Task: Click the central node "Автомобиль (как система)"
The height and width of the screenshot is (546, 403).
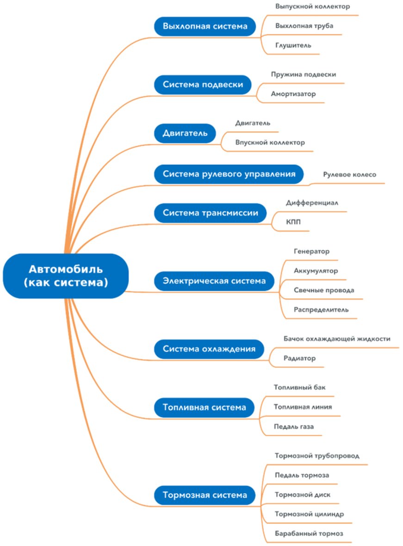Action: (x=65, y=275)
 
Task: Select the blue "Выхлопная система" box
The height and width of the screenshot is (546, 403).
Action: (x=205, y=26)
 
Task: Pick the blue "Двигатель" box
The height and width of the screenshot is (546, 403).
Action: (x=185, y=133)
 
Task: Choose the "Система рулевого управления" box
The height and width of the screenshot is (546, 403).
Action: (x=229, y=174)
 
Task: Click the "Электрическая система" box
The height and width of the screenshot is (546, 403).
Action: (x=214, y=280)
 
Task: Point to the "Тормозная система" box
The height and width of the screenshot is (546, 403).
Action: (x=205, y=495)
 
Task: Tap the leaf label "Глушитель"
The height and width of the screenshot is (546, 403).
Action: (x=293, y=45)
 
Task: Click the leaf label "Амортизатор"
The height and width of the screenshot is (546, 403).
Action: (x=293, y=94)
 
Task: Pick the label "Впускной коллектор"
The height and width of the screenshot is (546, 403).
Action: (x=270, y=142)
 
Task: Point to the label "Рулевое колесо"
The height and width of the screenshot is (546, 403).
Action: (x=350, y=175)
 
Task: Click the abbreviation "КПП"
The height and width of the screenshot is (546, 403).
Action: (x=293, y=222)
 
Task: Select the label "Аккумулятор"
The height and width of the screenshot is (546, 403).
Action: (x=316, y=271)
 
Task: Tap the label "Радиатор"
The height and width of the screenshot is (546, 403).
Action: (x=299, y=358)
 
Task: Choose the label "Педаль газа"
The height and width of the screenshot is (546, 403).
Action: (x=293, y=426)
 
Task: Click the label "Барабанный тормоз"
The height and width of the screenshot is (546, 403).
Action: (x=309, y=534)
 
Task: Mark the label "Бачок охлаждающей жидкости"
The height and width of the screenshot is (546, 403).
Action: (x=337, y=339)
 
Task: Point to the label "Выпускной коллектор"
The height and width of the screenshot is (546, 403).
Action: (x=312, y=7)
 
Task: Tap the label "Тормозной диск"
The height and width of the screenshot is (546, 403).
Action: (x=303, y=495)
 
